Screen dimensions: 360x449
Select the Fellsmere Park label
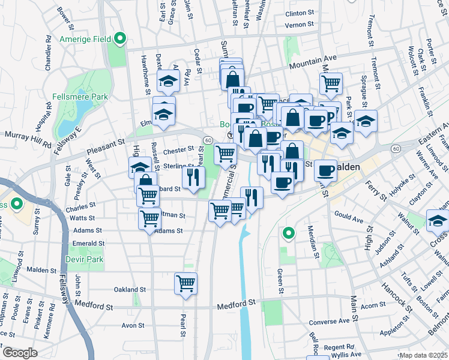tap(87, 96)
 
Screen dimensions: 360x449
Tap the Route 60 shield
tap(207, 140)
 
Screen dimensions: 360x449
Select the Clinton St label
tap(300, 13)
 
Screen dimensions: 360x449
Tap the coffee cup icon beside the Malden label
tap(326, 170)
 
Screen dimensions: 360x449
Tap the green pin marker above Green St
tap(289, 232)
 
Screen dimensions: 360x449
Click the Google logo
tap(19, 353)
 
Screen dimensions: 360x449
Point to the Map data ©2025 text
tap(424, 355)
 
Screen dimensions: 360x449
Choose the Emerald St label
tap(88, 243)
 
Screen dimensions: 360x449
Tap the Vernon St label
tap(300, 25)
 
